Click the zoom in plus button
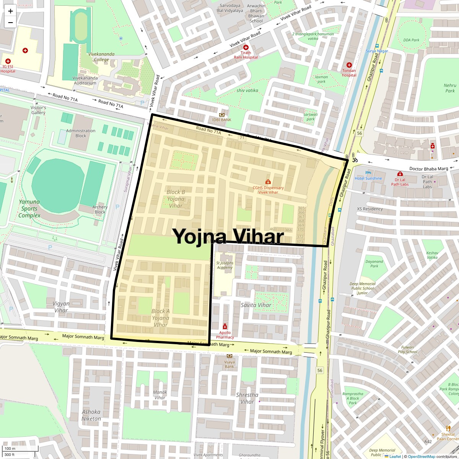coord(10,11)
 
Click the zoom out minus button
coord(10,22)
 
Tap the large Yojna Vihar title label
coord(229,236)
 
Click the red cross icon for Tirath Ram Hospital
coord(246,47)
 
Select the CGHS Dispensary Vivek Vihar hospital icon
coord(268,182)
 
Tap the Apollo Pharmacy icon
coord(225,327)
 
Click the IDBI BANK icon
coord(222,115)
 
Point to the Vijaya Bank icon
coord(229,356)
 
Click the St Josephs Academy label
coord(225,265)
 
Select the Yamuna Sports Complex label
coord(29,208)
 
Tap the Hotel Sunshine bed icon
coord(368,173)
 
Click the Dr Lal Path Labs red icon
coord(400,174)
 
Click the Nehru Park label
coord(450,88)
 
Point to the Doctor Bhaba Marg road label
coord(428,169)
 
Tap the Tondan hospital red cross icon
coord(349,65)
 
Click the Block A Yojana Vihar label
coord(160,318)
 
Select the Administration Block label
coord(81,133)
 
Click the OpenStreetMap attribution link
coord(421,456)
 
